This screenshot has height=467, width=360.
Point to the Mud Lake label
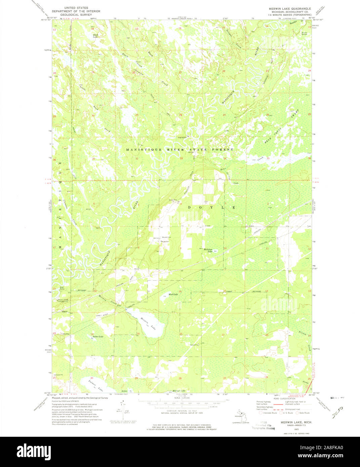click(x=173, y=294)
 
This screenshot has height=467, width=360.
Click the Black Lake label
click(x=95, y=35)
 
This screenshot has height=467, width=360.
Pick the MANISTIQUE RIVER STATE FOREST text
click(x=179, y=149)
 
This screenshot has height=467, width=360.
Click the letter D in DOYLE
click(x=190, y=208)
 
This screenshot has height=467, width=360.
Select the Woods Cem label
click(x=166, y=237)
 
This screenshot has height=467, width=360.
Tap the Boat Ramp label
click(x=62, y=288)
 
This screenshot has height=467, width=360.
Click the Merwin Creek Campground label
click(x=63, y=300)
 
